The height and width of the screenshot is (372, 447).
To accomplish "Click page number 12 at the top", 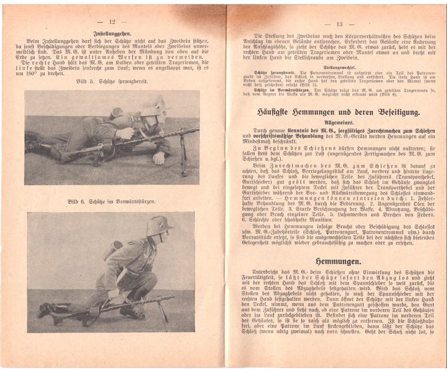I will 112,22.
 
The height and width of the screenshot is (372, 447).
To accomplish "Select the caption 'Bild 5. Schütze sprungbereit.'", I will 112,81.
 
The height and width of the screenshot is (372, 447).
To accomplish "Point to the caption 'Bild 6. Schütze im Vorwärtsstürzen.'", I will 112,202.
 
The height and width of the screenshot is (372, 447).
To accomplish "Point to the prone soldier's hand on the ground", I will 159,158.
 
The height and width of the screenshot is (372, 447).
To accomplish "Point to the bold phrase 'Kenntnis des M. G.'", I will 311,131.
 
